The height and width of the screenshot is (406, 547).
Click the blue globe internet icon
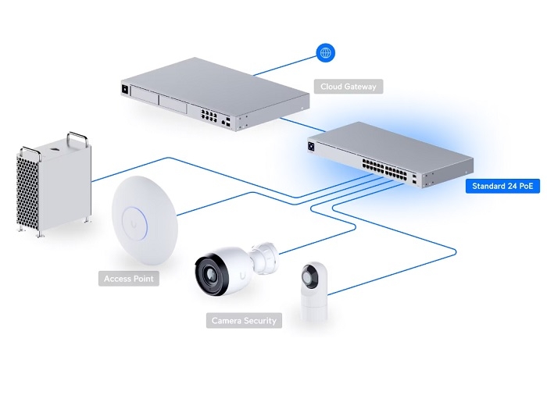pos(324,53)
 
